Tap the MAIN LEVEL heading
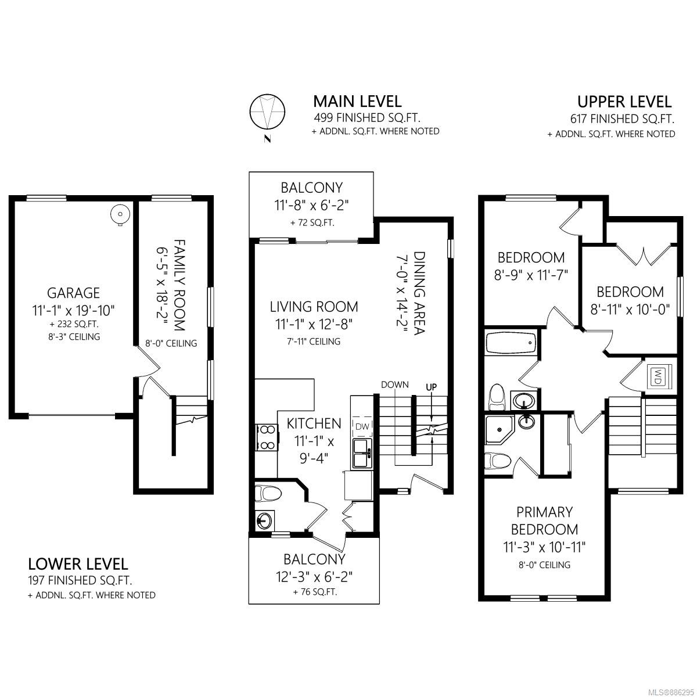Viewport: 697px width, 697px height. point(357,102)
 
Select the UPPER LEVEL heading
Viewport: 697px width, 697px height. point(624,102)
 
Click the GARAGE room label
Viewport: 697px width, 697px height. point(73,293)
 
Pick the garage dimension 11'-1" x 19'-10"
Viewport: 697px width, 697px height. point(73,310)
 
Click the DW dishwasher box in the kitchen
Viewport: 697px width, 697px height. point(362,427)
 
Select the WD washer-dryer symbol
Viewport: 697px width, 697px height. point(658,381)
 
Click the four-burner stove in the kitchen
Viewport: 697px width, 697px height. point(267,437)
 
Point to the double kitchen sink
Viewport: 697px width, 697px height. point(362,453)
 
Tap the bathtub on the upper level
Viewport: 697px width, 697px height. point(511,343)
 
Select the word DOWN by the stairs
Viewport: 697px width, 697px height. point(394,385)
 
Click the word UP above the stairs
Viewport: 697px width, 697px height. point(431,387)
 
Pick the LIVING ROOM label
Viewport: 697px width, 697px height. point(314,307)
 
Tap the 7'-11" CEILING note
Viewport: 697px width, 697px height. point(314,341)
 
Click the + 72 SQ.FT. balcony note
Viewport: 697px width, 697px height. point(312,223)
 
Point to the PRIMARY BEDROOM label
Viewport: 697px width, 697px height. point(544,521)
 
